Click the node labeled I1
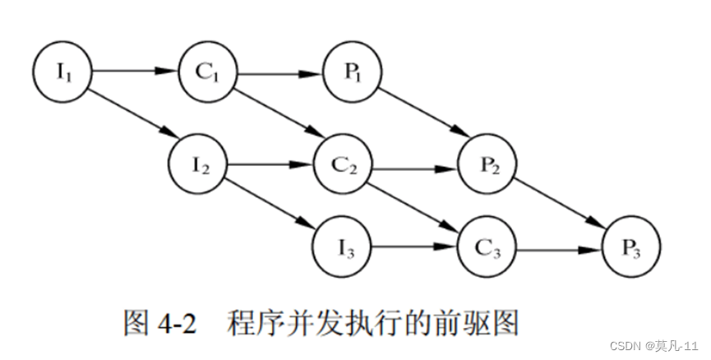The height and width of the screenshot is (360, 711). point(63,71)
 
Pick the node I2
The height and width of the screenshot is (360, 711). point(198,164)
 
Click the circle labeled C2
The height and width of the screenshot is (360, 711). point(344,164)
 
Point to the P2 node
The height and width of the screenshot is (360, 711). point(488,164)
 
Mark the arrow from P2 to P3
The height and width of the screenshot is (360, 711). point(564,205)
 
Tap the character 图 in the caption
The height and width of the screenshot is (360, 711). point(135,322)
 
